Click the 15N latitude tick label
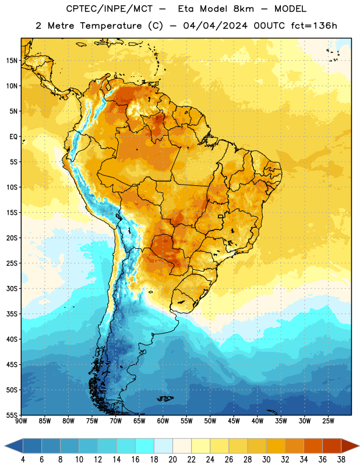(12, 61)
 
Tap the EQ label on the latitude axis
(13, 137)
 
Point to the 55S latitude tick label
(12, 415)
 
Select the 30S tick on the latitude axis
(12, 288)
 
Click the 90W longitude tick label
(21, 421)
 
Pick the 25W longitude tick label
(328, 421)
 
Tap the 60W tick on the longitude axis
(163, 421)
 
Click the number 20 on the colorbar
(172, 460)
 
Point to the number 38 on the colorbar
(341, 460)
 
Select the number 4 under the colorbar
(23, 460)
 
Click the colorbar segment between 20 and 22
(182, 446)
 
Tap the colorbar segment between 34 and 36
(313, 446)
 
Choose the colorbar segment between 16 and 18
(144, 446)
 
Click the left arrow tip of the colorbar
(5, 446)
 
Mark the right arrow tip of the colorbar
(359, 446)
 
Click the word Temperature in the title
(111, 26)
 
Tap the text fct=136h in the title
(314, 26)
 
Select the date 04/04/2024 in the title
(215, 26)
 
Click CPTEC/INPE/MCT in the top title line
(110, 9)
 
